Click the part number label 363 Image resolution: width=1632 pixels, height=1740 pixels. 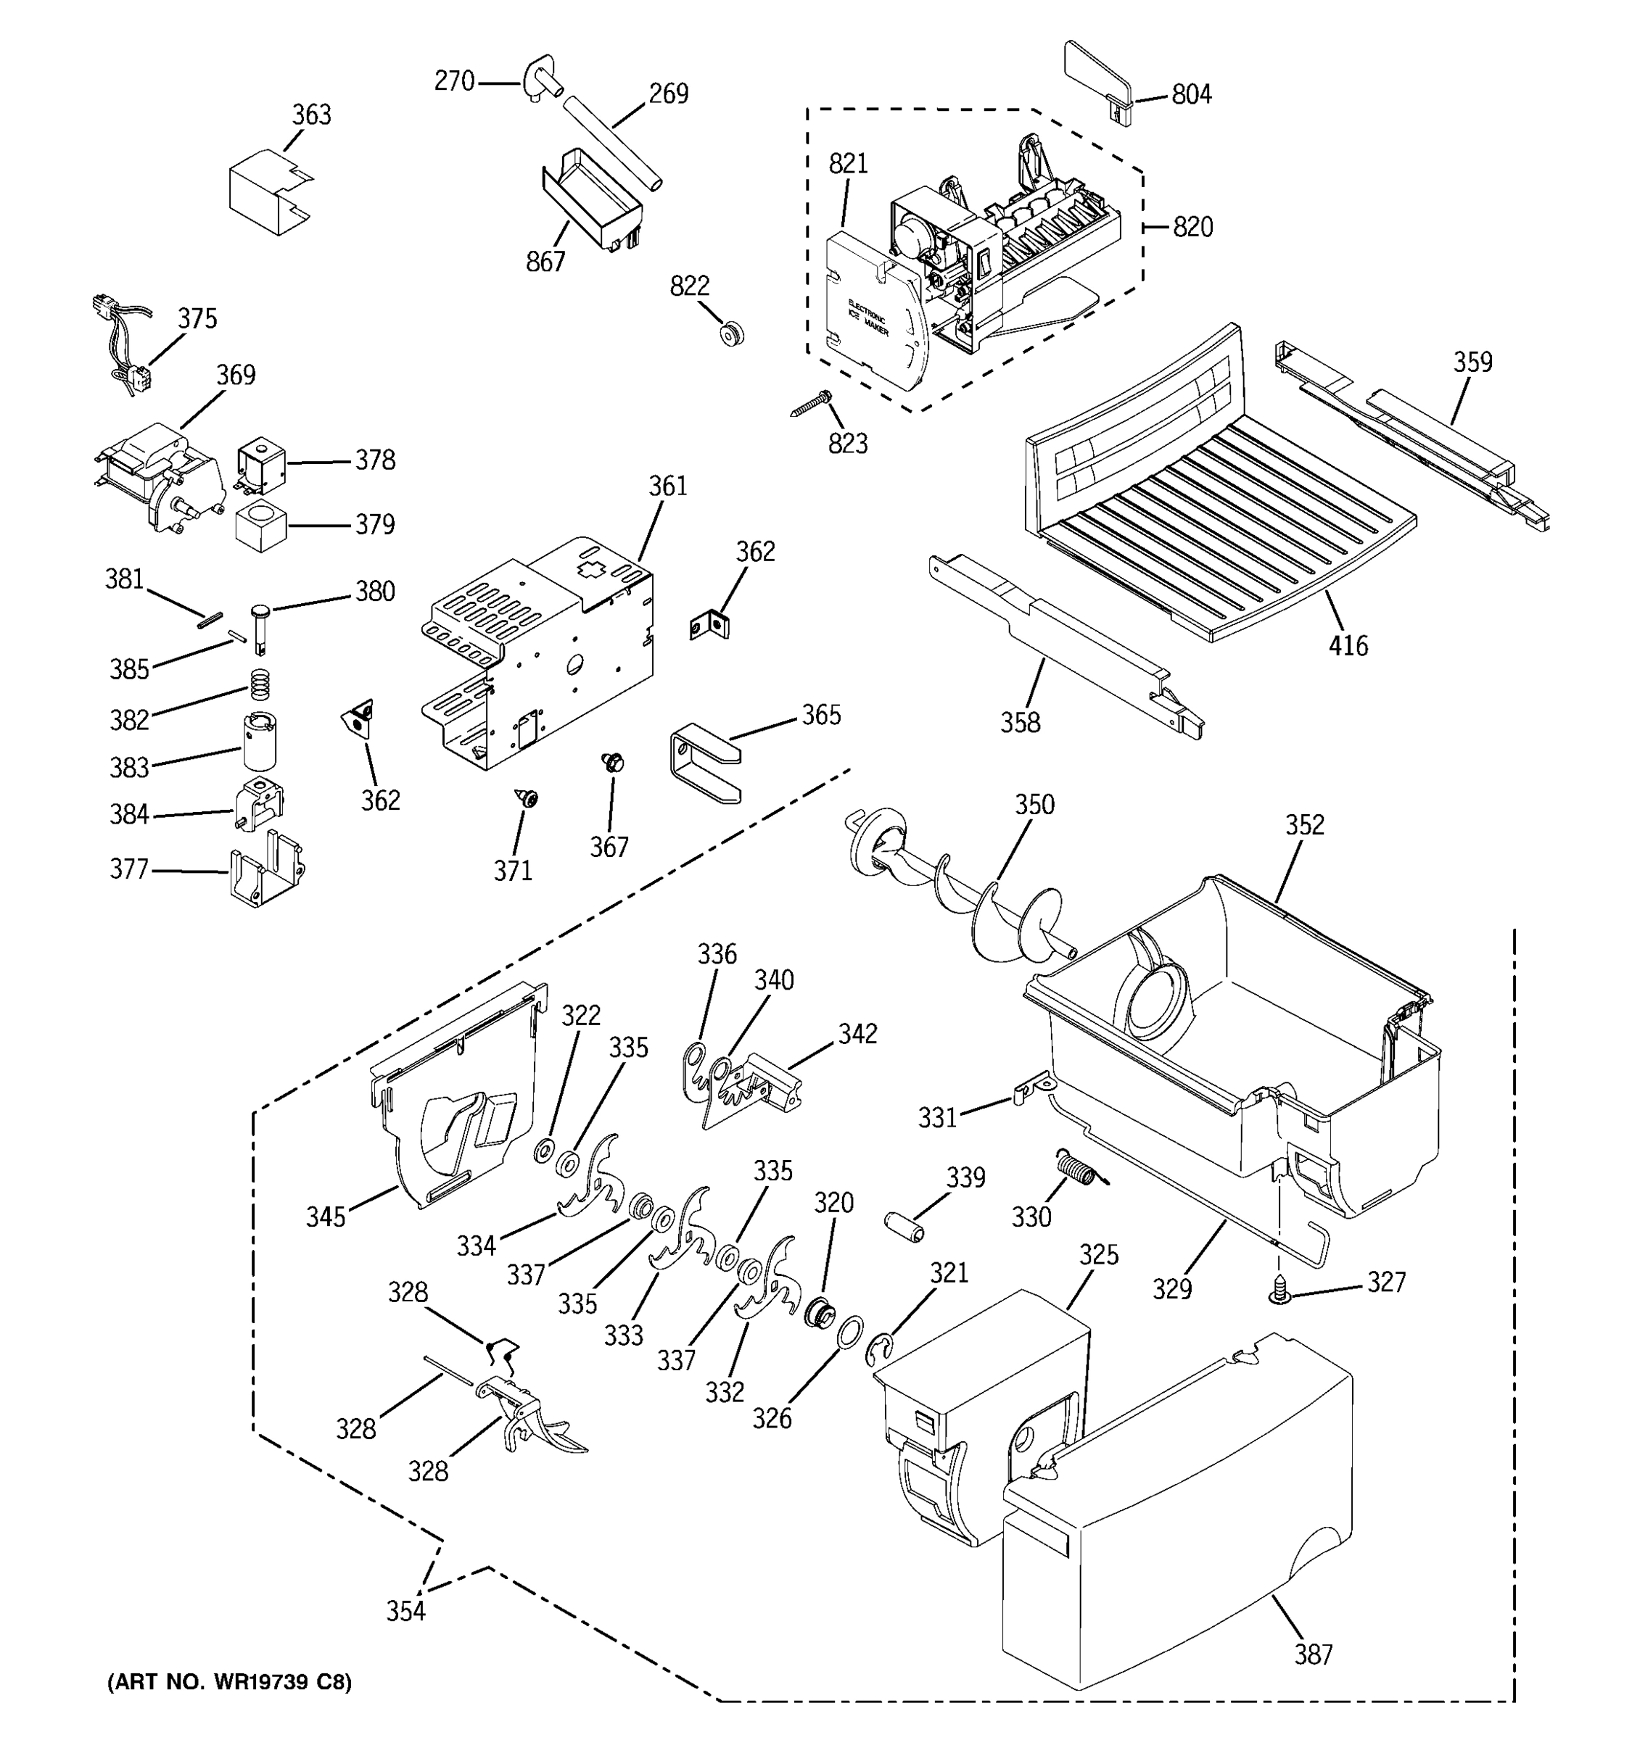coord(311,115)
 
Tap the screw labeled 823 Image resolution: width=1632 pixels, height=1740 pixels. coord(810,404)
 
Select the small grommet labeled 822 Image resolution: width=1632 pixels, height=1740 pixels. coord(731,333)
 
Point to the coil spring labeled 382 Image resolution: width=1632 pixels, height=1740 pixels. coord(258,684)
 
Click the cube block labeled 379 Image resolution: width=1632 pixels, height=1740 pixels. coord(261,526)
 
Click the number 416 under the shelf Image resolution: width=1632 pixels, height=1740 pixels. coord(1348,646)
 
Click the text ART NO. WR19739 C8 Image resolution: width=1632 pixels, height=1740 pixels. coord(228,1681)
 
